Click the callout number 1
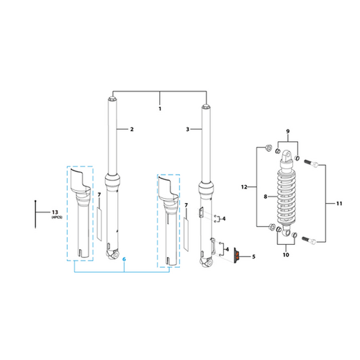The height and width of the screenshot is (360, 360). [x=160, y=109]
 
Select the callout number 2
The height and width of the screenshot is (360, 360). [x=132, y=129]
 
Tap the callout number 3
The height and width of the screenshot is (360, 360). [x=188, y=129]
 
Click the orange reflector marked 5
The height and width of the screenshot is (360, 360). [x=236, y=256]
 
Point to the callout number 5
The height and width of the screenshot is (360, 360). [x=253, y=256]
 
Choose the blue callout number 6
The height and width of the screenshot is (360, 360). [x=124, y=259]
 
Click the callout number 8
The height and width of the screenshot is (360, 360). [x=266, y=197]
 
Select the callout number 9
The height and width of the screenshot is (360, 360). [x=288, y=131]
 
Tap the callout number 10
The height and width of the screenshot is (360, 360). [x=286, y=255]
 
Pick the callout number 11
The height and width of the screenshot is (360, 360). [x=339, y=204]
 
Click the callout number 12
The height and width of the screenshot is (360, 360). [x=244, y=186]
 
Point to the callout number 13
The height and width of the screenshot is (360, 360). [x=55, y=212]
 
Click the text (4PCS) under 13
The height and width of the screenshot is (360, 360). [x=57, y=217]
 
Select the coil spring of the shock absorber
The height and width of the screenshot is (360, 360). [x=287, y=197]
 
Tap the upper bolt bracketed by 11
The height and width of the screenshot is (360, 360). [x=311, y=163]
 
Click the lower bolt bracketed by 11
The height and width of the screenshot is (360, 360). [x=309, y=240]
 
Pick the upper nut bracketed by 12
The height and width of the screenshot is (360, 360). [x=269, y=148]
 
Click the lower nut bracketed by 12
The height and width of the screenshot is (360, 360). [x=272, y=227]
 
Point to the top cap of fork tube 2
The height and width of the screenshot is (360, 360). [x=112, y=99]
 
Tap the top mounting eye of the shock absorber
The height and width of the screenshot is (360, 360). [x=287, y=156]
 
